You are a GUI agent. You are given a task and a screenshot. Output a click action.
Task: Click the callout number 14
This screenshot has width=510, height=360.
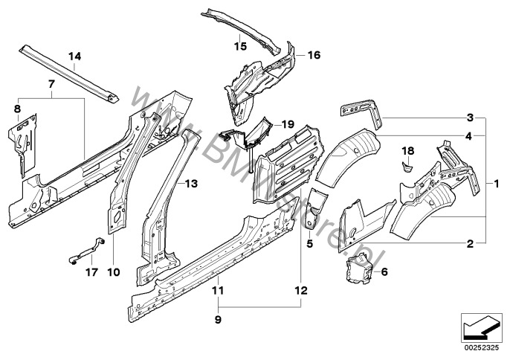point(74,56)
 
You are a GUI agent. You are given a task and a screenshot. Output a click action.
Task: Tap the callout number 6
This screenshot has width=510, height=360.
point(384,271)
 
